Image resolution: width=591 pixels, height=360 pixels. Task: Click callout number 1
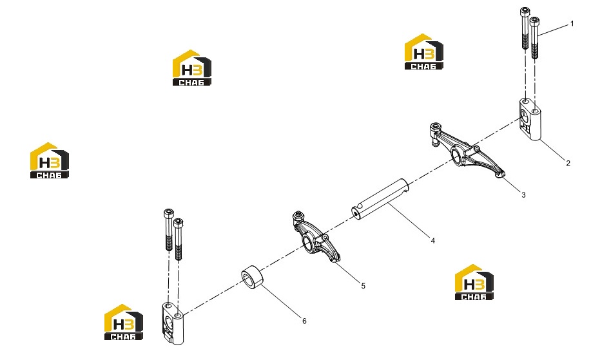coord(572,24)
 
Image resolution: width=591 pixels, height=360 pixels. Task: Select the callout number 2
coord(568,163)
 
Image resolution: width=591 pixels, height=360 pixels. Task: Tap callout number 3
coord(523,194)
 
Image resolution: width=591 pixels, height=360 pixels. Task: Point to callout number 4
coord(432,240)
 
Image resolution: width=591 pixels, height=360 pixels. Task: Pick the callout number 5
coord(363,286)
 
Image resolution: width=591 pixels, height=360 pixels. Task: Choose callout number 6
coord(304,321)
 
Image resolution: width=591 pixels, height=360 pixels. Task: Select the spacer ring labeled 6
coord(252,278)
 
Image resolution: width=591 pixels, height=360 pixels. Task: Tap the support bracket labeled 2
coord(530,119)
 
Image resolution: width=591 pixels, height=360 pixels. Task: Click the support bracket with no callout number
coord(173,323)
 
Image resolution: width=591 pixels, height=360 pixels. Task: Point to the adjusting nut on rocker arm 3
coord(435,128)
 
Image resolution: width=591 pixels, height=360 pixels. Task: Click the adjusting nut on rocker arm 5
coord(298,216)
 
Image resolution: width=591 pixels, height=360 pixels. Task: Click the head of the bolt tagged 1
coord(534,21)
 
